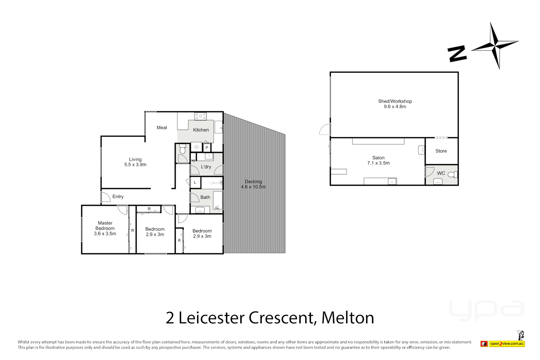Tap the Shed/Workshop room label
[395, 101]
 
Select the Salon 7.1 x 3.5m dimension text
[378, 163]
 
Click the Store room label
[441, 151]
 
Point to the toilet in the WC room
[453, 174]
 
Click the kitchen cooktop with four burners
[201, 116]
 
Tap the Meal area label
[162, 128]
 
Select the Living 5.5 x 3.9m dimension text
[135, 165]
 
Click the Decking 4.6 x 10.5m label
[253, 184]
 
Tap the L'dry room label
[206, 167]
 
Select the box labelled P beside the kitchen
[207, 148]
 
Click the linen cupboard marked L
[195, 183]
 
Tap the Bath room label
[205, 197]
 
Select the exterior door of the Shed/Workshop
[325, 129]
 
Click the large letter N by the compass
[457, 54]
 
